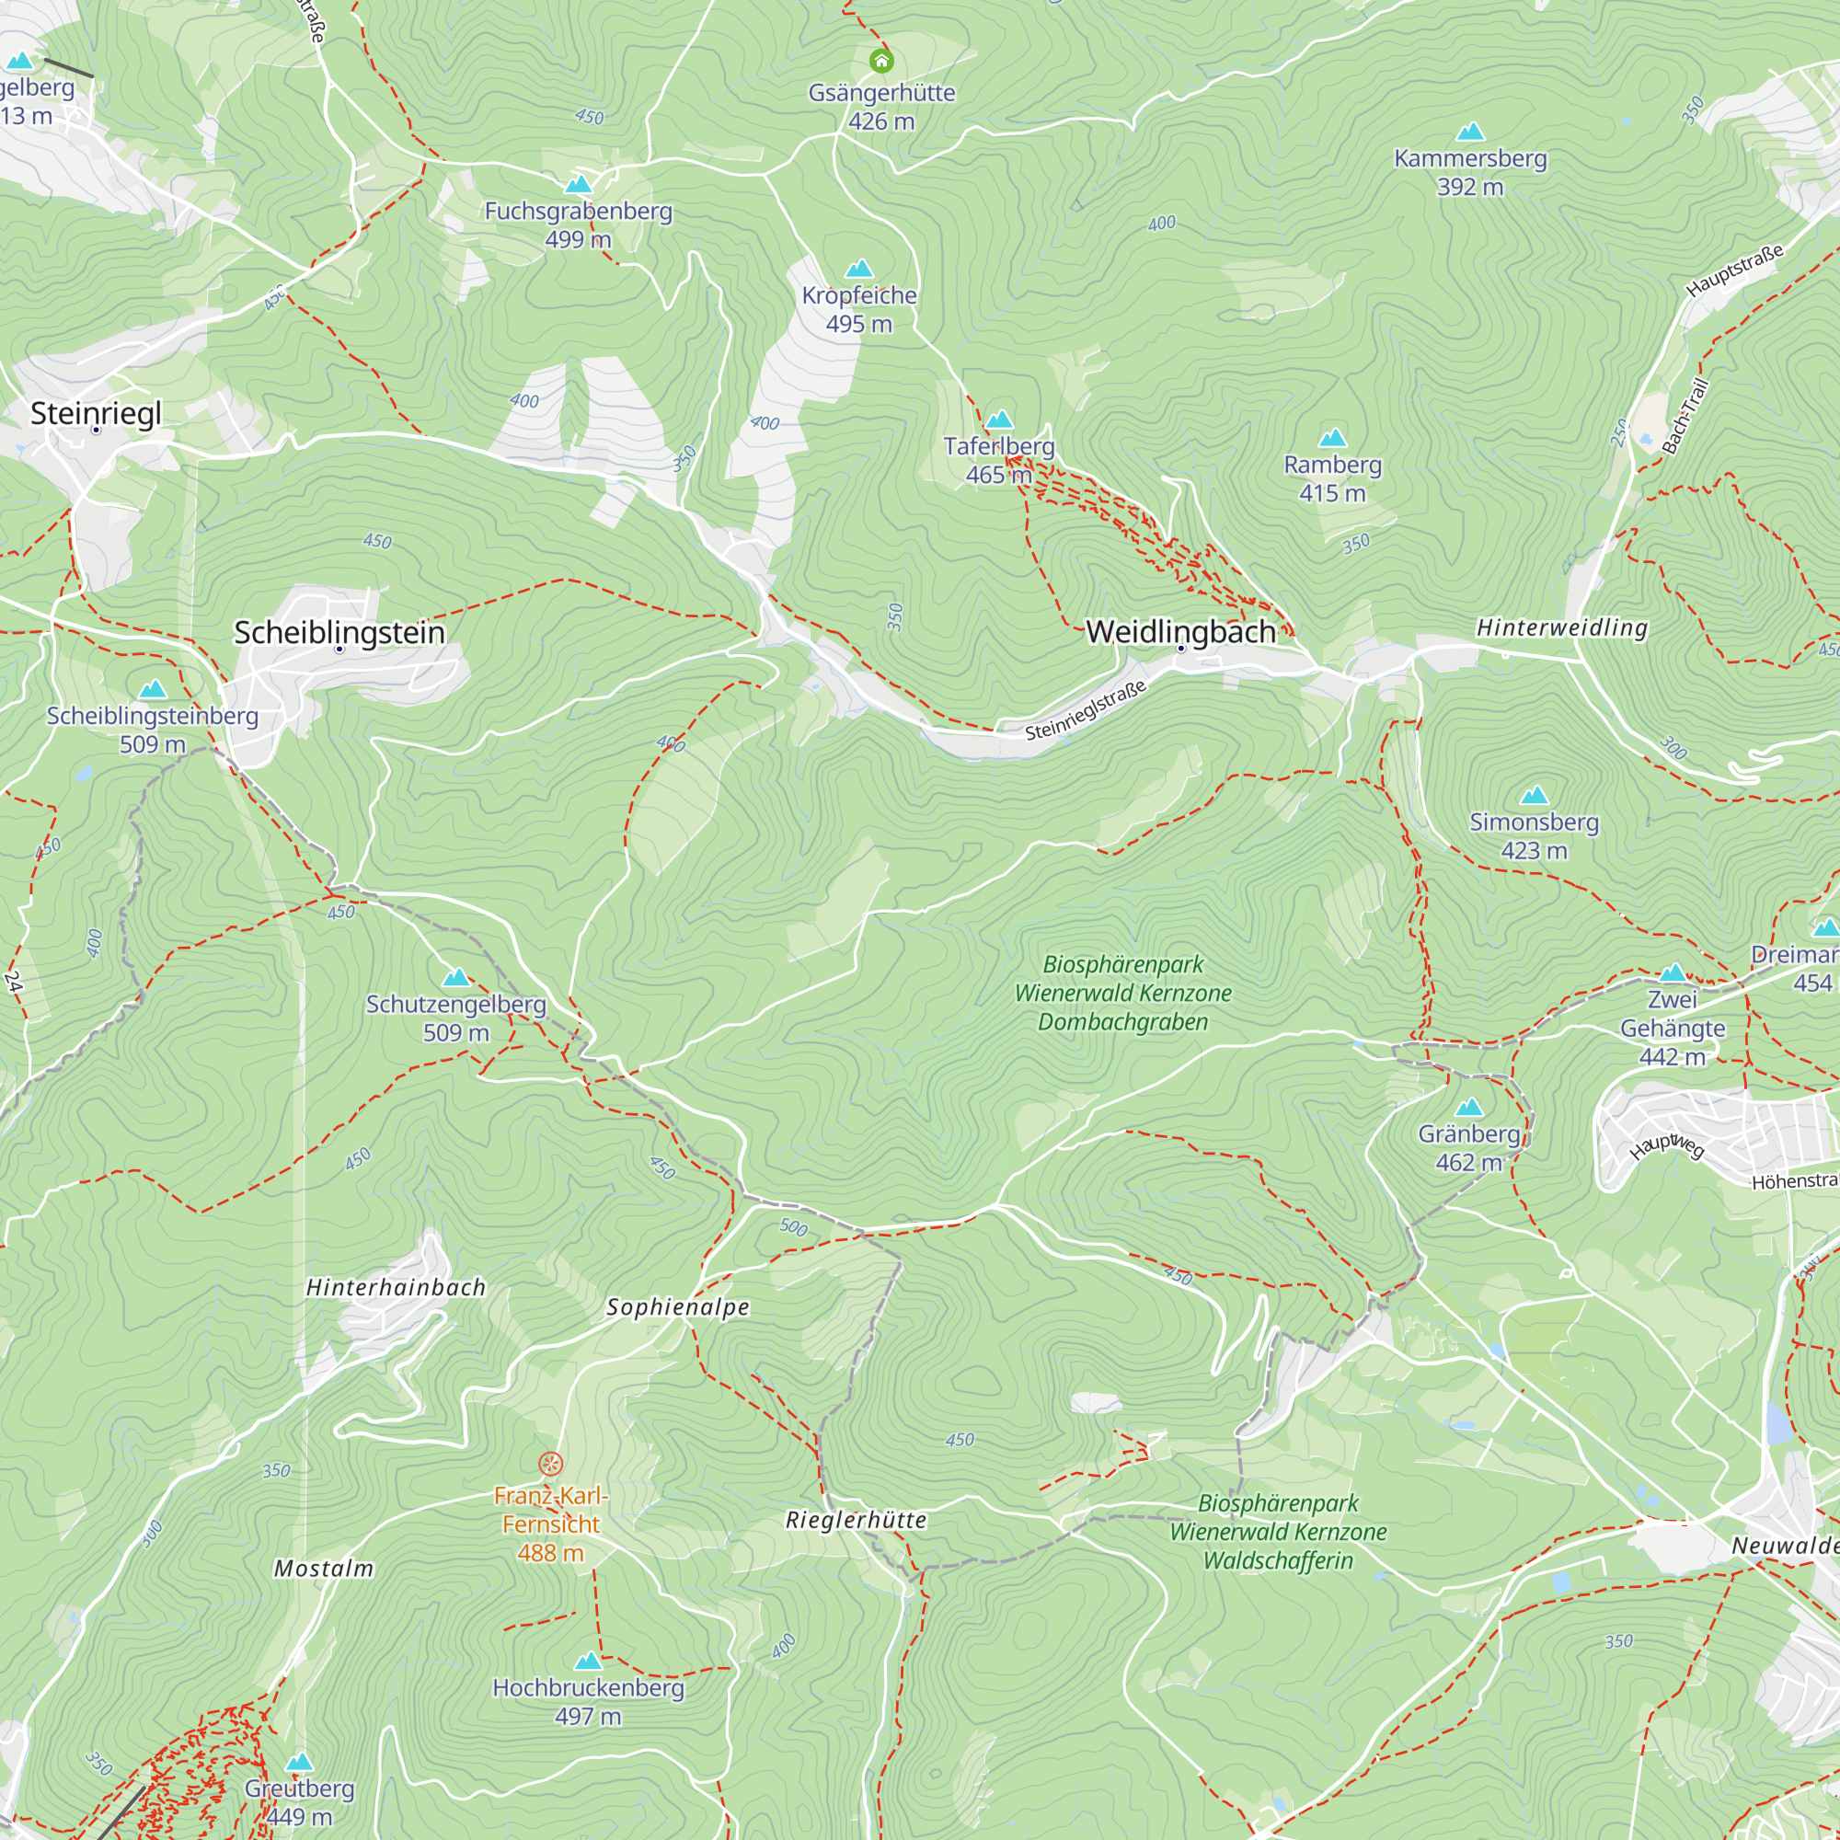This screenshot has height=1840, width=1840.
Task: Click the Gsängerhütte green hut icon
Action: coord(881,62)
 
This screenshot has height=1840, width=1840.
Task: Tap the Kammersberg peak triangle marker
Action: coord(1470,132)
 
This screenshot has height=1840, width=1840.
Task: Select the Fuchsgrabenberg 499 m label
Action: coord(578,224)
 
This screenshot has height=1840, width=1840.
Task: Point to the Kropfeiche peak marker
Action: coord(859,269)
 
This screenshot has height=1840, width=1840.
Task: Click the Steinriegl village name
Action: coord(97,413)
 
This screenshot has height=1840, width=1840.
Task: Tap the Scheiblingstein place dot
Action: coord(339,649)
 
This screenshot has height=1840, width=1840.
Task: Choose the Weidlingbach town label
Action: coord(1180,631)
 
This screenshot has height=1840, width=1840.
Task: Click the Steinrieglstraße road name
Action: coord(1085,710)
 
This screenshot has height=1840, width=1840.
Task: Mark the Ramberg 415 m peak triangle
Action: coord(1332,438)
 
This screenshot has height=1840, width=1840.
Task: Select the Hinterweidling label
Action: coord(1561,627)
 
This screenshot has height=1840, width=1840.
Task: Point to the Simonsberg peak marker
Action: coord(1534,795)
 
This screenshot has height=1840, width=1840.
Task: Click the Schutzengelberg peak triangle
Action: coord(456,977)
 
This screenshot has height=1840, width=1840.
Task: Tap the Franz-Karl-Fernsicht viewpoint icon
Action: coord(550,1463)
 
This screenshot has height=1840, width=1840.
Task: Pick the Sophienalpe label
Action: coord(677,1307)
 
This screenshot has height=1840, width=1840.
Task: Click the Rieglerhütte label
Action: coord(856,1520)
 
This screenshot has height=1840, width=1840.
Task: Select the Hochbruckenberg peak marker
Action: coord(589,1661)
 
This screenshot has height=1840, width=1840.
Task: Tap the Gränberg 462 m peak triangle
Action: coord(1469,1107)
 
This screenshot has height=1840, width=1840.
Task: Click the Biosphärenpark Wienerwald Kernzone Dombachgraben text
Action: coord(1122,993)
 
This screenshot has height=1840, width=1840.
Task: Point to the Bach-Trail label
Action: coord(1685,416)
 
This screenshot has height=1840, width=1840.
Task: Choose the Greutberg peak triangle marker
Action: coord(300,1762)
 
